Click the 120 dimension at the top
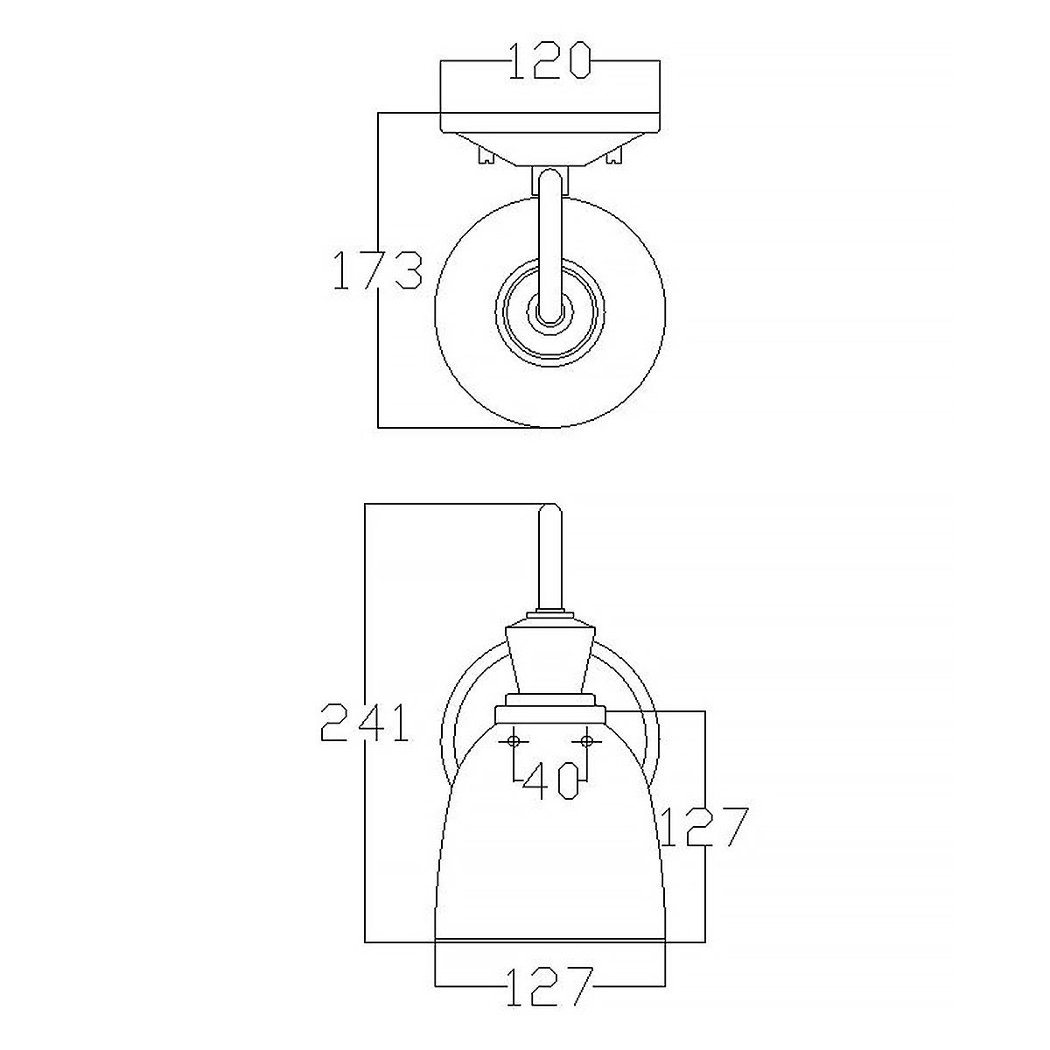click(x=550, y=62)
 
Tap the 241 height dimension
click(x=365, y=723)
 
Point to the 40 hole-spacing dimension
click(x=550, y=780)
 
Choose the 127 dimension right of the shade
click(x=704, y=828)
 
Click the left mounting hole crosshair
click(x=513, y=741)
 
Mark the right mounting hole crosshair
click(x=587, y=741)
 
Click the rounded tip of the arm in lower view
click(x=550, y=508)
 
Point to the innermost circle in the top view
click(x=550, y=311)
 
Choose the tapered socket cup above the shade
click(x=550, y=656)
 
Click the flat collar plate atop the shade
click(x=550, y=715)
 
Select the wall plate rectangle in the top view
click(x=550, y=122)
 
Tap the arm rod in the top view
click(x=550, y=245)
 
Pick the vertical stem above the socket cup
click(x=550, y=560)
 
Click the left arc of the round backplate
click(x=447, y=744)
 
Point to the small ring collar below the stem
click(x=550, y=614)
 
